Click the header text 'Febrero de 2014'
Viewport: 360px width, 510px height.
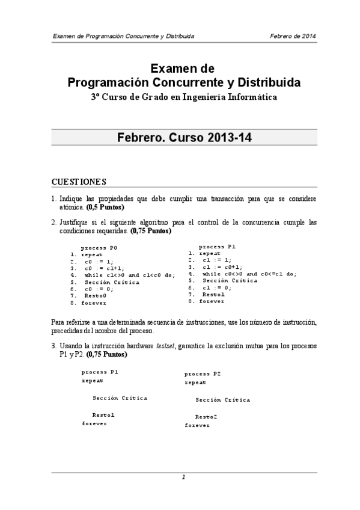[293, 36]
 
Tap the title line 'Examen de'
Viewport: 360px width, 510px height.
[182, 69]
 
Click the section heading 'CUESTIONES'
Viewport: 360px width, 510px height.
[79, 182]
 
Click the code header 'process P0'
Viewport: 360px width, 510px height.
[99, 247]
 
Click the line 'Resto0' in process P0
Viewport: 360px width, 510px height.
[95, 296]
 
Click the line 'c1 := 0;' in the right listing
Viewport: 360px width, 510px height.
[217, 287]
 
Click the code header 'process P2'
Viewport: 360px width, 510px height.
[203, 373]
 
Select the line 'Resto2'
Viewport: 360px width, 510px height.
[206, 417]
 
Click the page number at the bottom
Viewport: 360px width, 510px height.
[183, 478]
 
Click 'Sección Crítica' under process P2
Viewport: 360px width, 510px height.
[222, 400]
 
